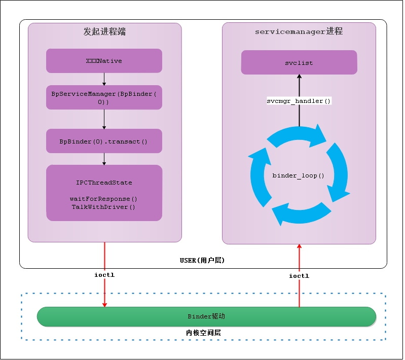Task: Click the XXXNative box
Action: [104, 61]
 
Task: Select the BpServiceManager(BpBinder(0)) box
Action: [104, 97]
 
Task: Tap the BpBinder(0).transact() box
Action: [104, 141]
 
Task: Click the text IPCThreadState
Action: [104, 183]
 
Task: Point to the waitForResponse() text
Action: [104, 199]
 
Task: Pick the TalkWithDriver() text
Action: [104, 207]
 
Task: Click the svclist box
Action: [299, 62]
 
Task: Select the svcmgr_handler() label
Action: [299, 101]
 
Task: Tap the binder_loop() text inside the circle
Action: [299, 175]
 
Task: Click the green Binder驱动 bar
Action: [206, 316]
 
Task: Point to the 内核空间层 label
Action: [203, 333]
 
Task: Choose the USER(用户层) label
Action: [202, 260]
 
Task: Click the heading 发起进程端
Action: [104, 31]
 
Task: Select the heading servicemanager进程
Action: [299, 31]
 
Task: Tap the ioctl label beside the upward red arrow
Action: [299, 276]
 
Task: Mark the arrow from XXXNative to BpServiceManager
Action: [104, 79]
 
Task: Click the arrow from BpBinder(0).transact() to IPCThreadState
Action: [104, 159]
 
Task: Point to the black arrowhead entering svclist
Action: [299, 77]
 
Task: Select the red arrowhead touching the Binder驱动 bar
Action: [104, 304]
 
